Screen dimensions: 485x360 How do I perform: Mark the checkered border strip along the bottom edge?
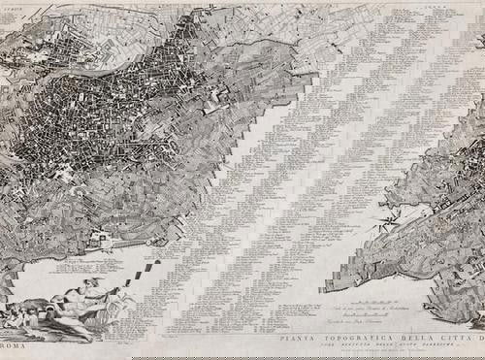(x=242, y=356)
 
